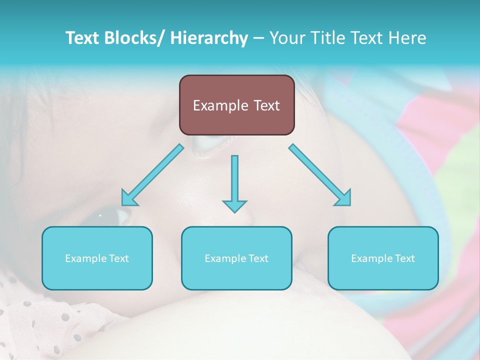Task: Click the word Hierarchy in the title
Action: tap(209, 38)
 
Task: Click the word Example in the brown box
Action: tap(220, 105)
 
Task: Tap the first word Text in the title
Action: tap(83, 38)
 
